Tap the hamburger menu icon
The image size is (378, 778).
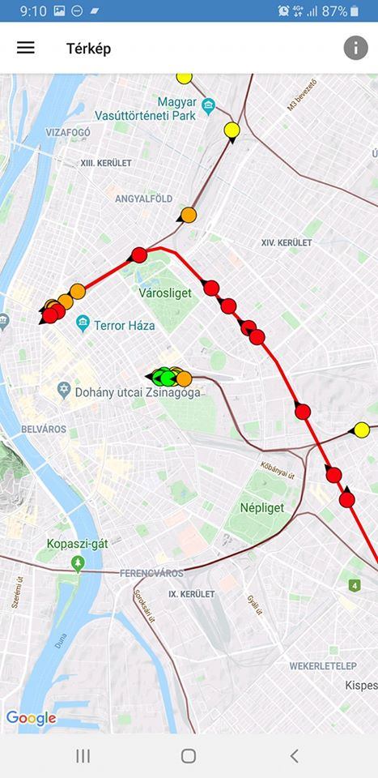pos(26,47)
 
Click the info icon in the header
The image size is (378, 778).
pos(355,48)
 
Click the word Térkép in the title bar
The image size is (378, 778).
pos(88,49)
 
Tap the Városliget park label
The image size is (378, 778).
pos(165,293)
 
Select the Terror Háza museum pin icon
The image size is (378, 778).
pos(83,325)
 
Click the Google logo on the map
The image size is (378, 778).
pos(31,718)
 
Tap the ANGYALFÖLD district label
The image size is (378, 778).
pos(143,199)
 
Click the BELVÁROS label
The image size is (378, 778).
pos(43,427)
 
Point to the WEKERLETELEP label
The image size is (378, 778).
pos(323,666)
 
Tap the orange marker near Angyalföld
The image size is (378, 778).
pos(189,215)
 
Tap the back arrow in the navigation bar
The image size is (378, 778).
pos(294,755)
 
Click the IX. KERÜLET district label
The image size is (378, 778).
pos(192,594)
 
